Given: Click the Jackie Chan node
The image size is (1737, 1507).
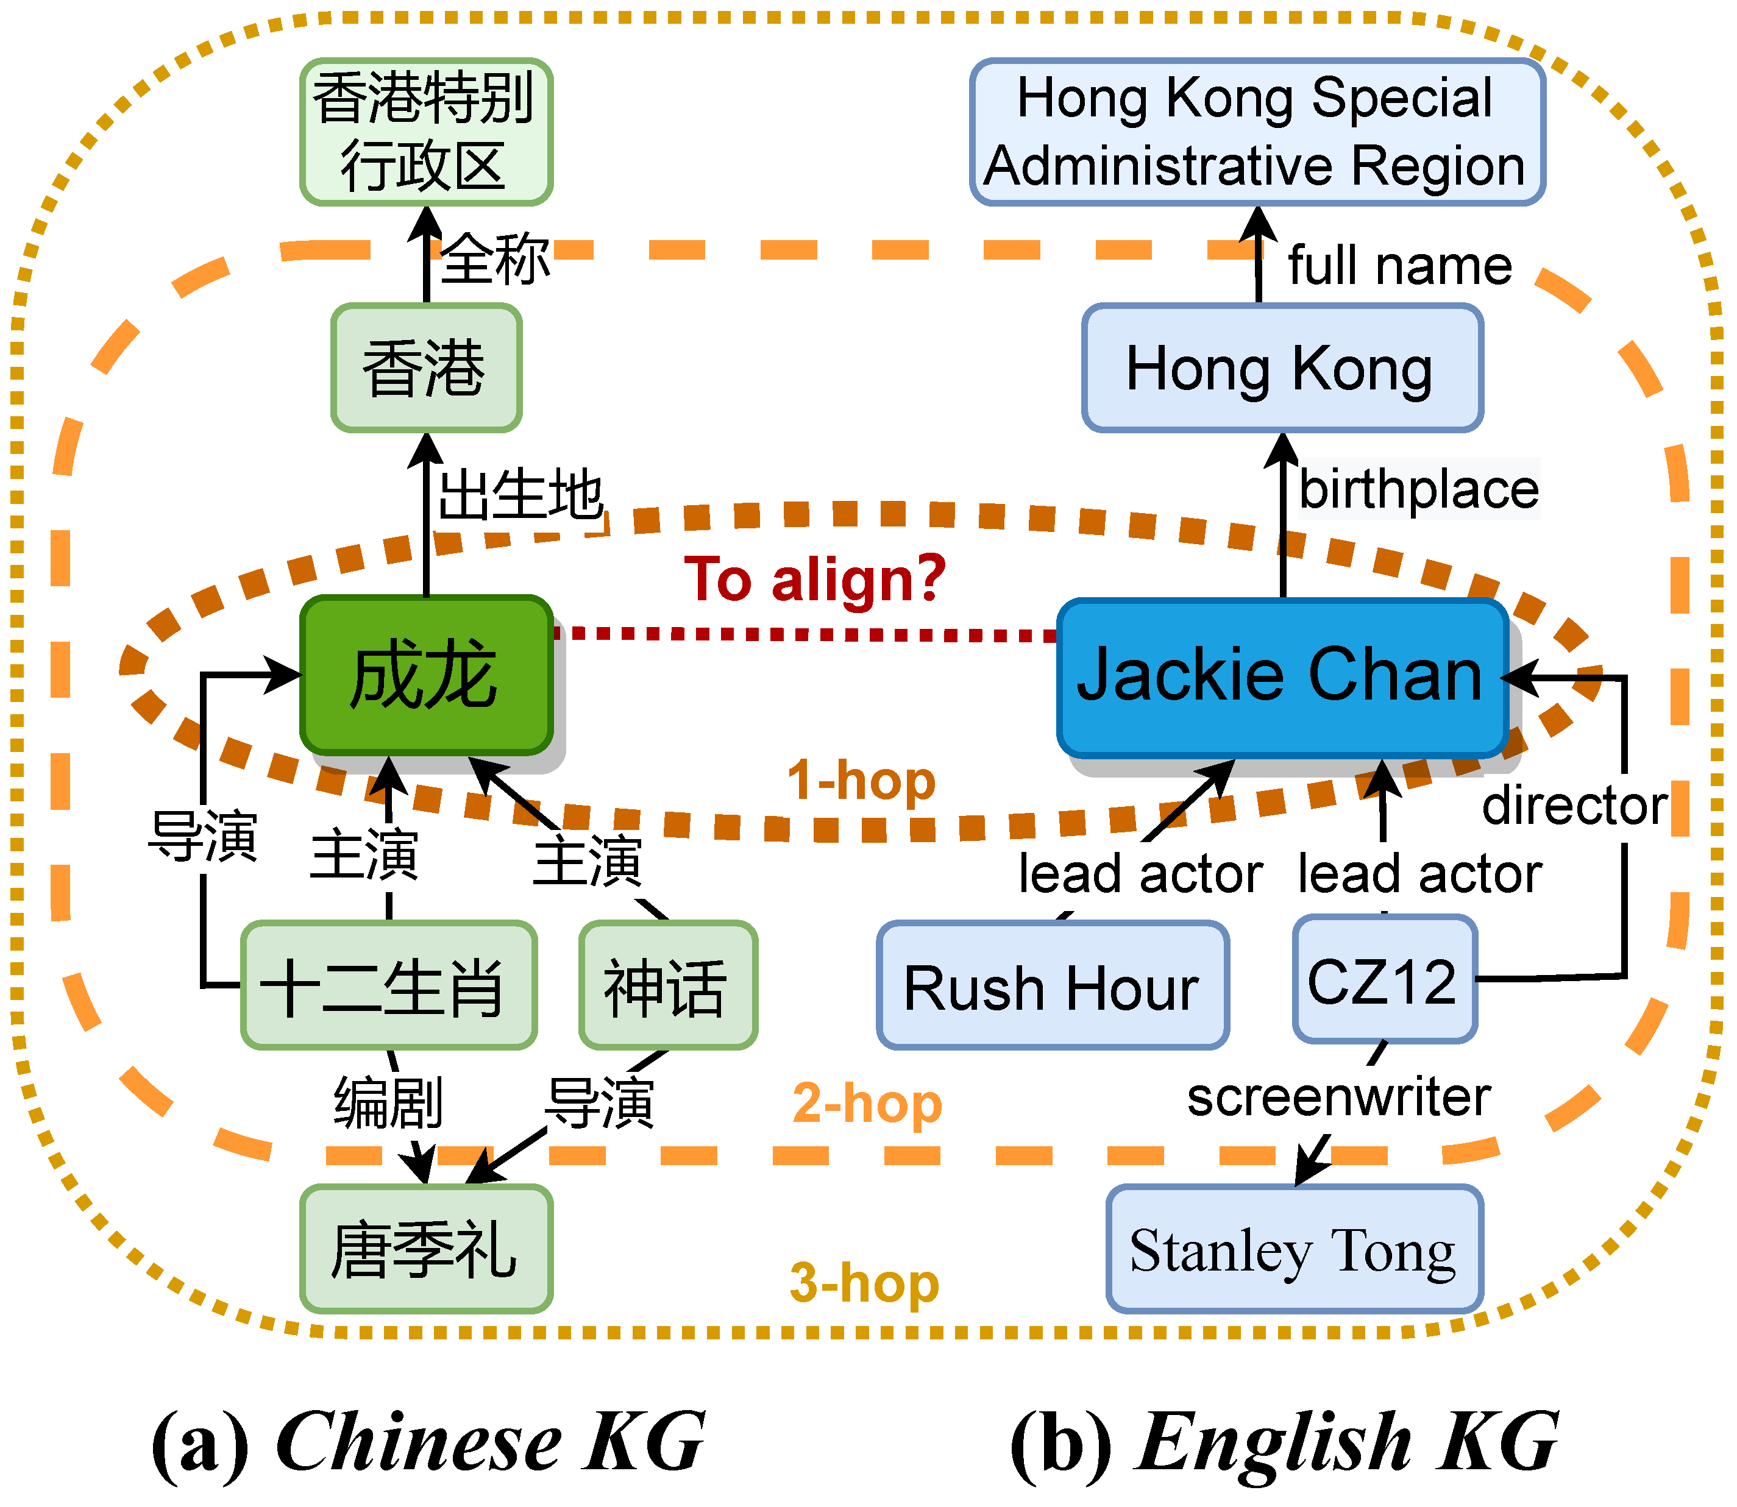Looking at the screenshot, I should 1281,677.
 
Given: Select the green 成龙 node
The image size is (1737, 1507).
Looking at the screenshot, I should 427,675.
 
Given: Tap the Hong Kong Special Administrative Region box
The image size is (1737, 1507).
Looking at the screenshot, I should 1257,132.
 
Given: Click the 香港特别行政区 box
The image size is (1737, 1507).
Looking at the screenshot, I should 427,132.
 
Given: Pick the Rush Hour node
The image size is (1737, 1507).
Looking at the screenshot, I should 1053,985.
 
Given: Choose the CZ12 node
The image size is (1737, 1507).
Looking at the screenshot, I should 1384,980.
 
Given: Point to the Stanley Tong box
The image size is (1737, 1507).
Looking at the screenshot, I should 1294,1250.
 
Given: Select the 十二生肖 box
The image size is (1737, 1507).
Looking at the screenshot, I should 389,985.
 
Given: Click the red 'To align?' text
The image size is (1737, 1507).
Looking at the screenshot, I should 815,580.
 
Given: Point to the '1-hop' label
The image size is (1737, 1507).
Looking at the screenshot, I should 861,781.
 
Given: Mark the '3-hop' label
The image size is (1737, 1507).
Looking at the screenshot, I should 864,1283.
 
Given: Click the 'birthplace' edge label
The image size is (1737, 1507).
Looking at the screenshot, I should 1418,489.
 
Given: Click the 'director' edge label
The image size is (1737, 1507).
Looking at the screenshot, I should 1574,806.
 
